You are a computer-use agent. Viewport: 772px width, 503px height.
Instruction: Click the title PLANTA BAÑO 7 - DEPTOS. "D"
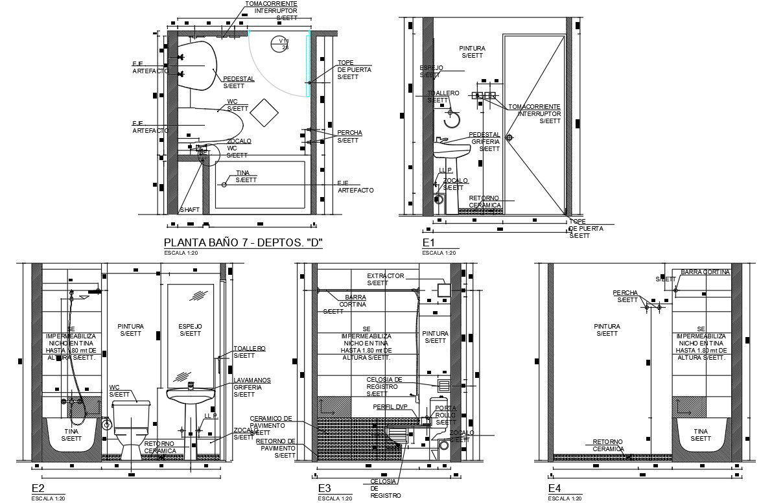[244, 243]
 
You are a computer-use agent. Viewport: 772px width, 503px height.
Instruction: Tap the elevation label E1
[428, 242]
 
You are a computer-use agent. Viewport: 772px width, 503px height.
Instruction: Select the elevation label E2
[38, 488]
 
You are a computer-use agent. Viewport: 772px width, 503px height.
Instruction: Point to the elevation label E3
[325, 488]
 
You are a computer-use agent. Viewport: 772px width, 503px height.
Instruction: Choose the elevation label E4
[555, 488]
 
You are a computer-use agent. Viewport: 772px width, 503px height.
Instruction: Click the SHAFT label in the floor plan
[189, 209]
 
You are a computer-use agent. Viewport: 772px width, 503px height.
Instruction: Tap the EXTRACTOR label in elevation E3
[385, 275]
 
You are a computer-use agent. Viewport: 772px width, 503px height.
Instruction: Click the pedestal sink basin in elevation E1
[451, 150]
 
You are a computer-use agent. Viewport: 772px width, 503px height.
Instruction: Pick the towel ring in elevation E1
[452, 119]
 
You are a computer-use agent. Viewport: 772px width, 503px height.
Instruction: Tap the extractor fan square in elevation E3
[443, 289]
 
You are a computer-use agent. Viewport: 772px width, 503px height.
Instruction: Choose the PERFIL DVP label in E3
[389, 406]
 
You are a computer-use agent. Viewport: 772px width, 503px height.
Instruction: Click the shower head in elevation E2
[82, 297]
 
